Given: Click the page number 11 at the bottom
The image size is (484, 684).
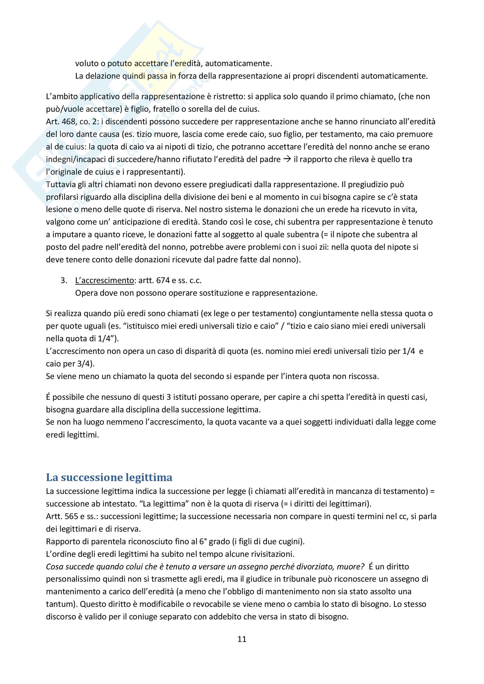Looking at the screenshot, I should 242,639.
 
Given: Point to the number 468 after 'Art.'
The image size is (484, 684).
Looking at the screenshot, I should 68,122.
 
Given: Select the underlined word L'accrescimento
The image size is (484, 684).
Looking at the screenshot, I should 104,280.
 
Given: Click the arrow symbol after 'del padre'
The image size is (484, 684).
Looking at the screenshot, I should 287,159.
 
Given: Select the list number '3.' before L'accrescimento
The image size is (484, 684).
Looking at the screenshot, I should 64,280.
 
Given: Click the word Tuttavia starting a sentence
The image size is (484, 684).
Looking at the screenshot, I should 61,185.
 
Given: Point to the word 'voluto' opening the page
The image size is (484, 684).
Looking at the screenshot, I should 87,63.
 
